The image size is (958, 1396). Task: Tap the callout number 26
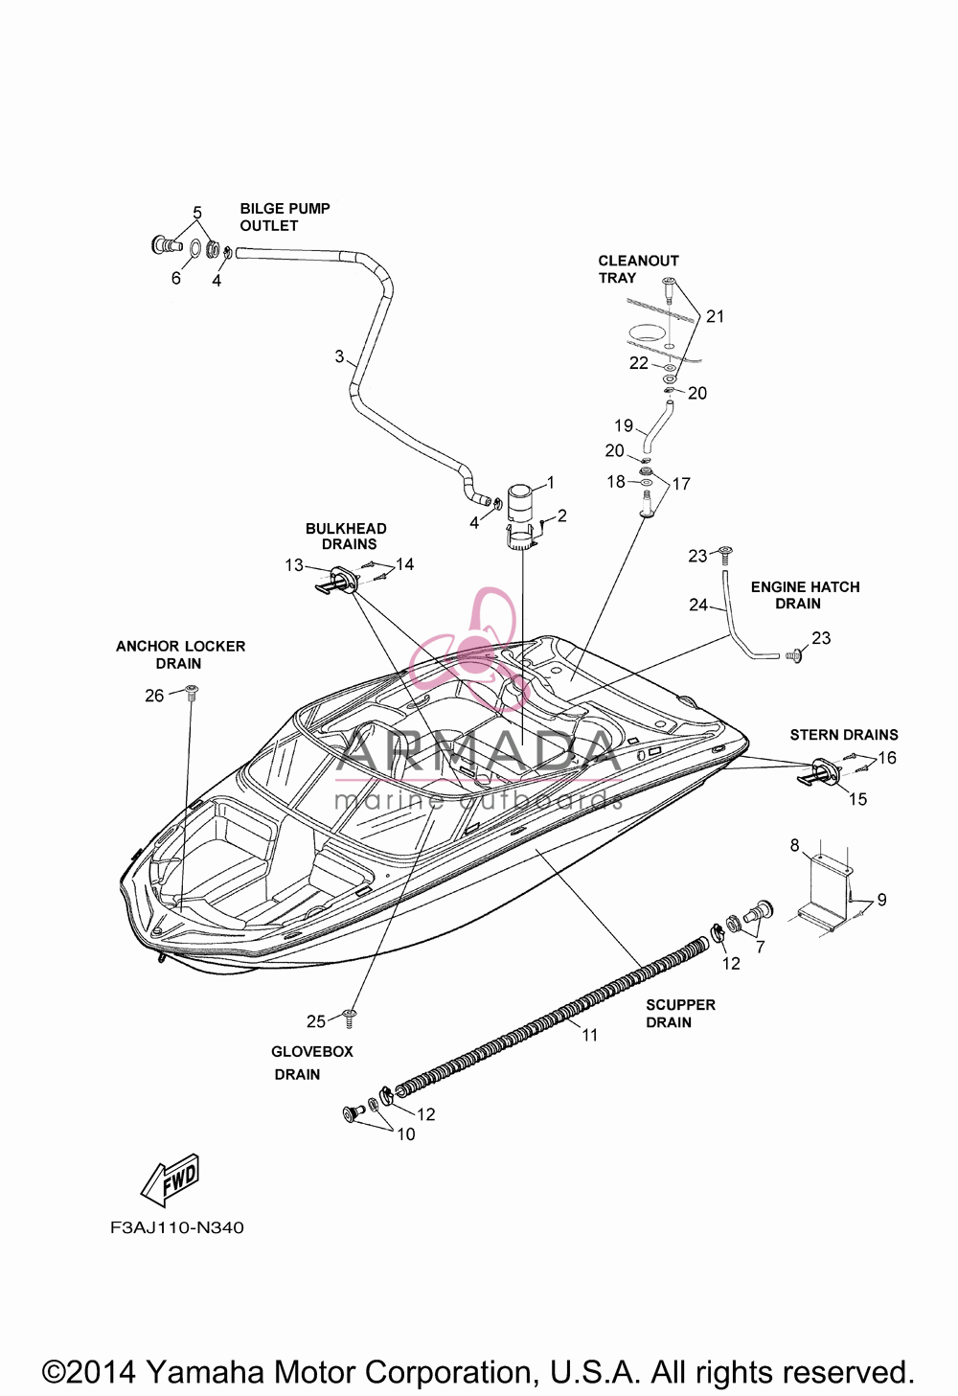pyautogui.click(x=154, y=696)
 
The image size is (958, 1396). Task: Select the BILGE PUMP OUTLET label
pyautogui.click(x=285, y=217)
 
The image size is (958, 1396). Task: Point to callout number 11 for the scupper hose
pyautogui.click(x=589, y=1035)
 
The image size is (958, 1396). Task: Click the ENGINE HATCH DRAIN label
pyautogui.click(x=805, y=595)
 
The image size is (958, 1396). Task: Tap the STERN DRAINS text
pyautogui.click(x=844, y=735)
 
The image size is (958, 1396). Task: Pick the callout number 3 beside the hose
pyautogui.click(x=339, y=357)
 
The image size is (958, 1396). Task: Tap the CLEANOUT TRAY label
pyautogui.click(x=638, y=269)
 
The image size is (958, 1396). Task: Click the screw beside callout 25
pyautogui.click(x=350, y=1018)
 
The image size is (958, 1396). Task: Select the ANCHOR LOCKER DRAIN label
pyautogui.click(x=180, y=655)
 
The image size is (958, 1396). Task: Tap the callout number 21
pyautogui.click(x=715, y=316)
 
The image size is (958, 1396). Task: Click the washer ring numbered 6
pyautogui.click(x=194, y=247)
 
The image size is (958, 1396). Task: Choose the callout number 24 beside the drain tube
pyautogui.click(x=698, y=605)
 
